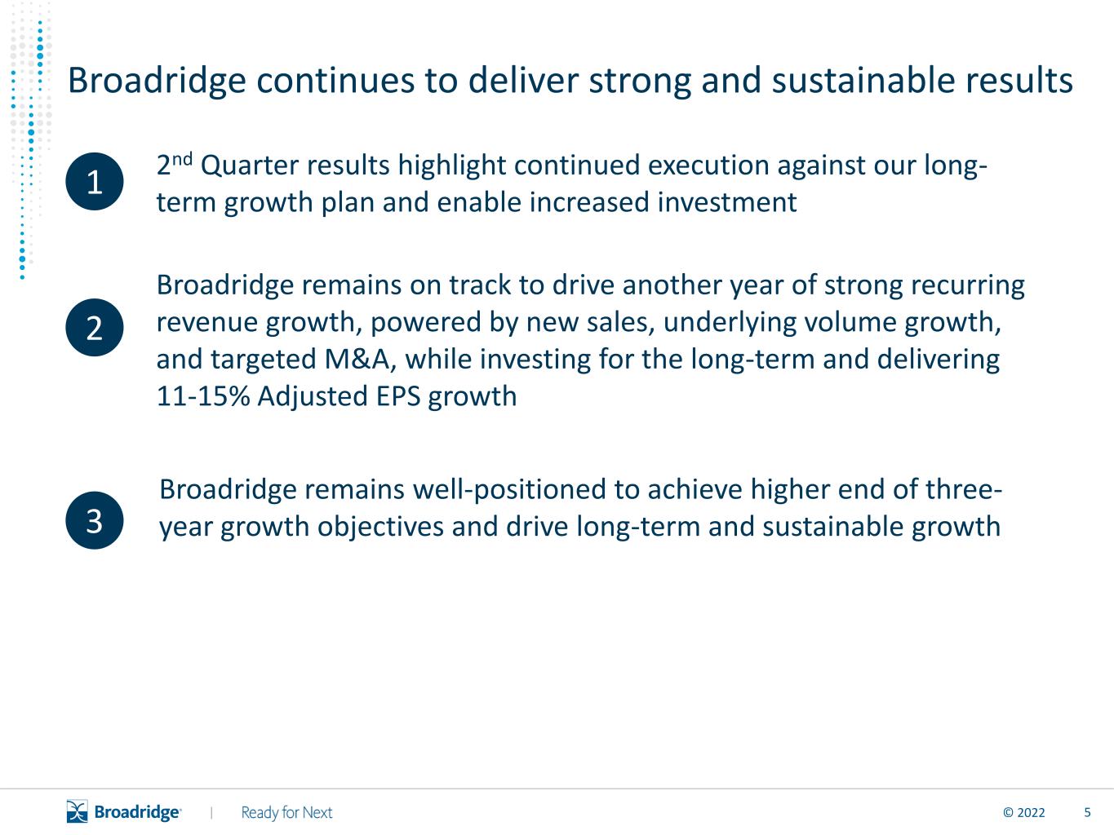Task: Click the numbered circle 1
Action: [95, 182]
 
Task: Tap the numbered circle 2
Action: [95, 328]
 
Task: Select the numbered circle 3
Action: [95, 520]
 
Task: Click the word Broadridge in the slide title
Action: [157, 81]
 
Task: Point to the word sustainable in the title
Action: [863, 80]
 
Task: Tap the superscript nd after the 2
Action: [182, 160]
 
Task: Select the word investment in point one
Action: [727, 202]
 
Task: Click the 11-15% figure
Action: [203, 396]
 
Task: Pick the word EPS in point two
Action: [398, 396]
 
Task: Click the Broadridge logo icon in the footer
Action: [78, 811]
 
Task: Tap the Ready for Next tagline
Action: [286, 813]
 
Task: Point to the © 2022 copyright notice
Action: [1023, 813]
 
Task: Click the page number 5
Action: [1087, 813]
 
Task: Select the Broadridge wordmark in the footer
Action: [138, 813]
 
